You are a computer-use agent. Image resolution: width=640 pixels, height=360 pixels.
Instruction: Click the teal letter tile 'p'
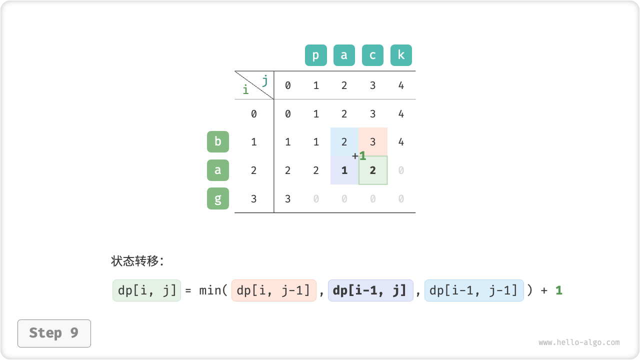click(315, 55)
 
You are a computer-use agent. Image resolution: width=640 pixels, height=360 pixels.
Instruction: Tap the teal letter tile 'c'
click(372, 55)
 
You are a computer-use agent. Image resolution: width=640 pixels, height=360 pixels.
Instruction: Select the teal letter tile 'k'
click(401, 55)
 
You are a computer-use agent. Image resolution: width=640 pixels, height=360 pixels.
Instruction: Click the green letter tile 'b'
click(217, 141)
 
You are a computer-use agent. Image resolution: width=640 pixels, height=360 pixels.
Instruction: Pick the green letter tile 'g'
click(217, 198)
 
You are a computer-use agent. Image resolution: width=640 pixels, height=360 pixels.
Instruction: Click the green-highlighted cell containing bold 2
click(373, 170)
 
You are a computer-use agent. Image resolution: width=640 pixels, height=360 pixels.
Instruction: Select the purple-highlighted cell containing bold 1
click(344, 170)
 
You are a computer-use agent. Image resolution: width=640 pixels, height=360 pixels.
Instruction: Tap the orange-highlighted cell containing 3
click(373, 141)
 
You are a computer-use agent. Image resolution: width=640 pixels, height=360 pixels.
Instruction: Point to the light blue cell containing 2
click(344, 141)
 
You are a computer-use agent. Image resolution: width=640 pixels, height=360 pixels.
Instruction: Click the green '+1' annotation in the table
click(359, 156)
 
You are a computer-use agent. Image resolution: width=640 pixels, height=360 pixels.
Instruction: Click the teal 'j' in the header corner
click(265, 81)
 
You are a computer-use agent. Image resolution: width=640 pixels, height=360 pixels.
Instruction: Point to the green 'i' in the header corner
click(245, 89)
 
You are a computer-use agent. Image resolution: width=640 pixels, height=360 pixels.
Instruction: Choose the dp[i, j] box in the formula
click(146, 290)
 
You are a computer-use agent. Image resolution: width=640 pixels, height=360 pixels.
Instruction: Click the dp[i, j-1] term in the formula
click(273, 290)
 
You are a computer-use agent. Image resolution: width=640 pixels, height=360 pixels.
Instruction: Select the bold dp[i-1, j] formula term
click(370, 290)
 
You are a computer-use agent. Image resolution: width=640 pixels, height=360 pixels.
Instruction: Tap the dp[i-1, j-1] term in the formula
click(474, 290)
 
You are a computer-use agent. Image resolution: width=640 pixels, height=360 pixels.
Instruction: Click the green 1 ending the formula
click(559, 290)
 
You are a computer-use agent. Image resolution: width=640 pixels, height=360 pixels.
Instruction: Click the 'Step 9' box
click(54, 333)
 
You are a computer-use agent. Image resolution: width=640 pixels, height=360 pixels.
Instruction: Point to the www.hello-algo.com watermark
click(579, 342)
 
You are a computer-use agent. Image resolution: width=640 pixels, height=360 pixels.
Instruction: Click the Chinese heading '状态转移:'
click(137, 261)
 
